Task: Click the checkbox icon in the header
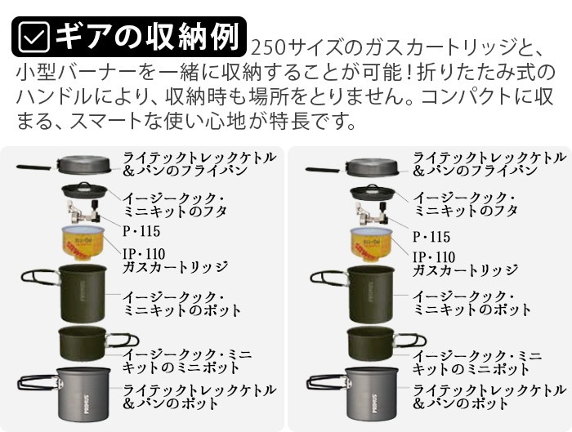pyautogui.click(x=33, y=36)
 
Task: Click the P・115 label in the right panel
pyautogui.click(x=431, y=236)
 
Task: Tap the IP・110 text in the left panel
pyautogui.click(x=145, y=255)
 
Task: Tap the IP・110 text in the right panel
pyautogui.click(x=436, y=255)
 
